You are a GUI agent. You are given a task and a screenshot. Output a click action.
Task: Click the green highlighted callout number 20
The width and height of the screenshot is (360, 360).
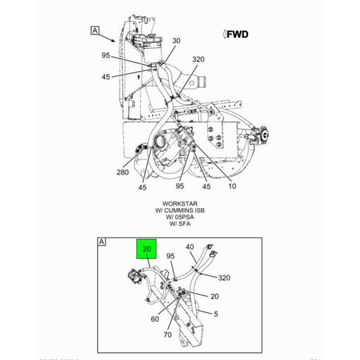(x=147, y=249)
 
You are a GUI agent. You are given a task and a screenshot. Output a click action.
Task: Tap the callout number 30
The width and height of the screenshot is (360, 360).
(x=176, y=41)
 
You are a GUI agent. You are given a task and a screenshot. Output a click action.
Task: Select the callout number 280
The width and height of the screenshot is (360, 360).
(x=122, y=172)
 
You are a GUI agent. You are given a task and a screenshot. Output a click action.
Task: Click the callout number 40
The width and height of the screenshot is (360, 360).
(x=190, y=246)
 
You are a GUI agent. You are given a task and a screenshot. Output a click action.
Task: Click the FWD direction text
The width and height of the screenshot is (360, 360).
(x=238, y=34)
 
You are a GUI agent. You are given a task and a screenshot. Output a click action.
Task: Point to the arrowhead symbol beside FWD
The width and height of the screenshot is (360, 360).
(x=224, y=34)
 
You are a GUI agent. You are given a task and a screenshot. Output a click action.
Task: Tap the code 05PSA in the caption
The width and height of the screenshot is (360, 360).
(x=184, y=217)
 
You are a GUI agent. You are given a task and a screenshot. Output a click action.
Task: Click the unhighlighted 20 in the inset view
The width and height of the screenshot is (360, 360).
(x=214, y=296)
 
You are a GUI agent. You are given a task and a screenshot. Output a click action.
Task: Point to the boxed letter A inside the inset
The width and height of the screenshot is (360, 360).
(x=102, y=241)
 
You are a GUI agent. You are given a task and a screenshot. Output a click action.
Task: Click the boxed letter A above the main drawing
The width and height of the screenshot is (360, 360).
(x=94, y=30)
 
